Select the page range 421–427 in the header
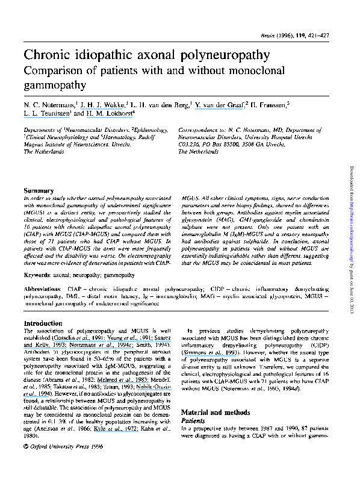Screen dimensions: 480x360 [x=326, y=37]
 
